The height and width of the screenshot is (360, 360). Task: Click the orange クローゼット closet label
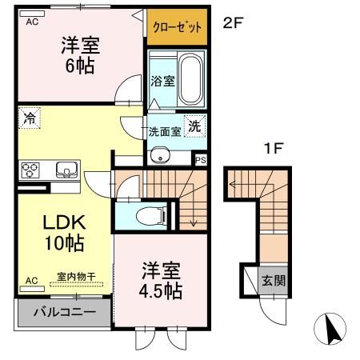click(177, 26)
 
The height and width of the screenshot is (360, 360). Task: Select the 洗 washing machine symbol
click(194, 125)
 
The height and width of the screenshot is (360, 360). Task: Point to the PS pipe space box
click(200, 159)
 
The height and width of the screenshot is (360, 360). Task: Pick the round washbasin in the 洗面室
click(159, 156)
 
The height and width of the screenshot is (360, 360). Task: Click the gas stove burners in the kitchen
click(32, 169)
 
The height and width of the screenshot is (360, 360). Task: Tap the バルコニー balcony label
click(63, 313)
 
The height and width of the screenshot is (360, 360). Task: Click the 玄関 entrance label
click(272, 282)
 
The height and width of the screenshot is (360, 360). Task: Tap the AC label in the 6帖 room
click(32, 22)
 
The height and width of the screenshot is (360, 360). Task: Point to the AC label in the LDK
click(32, 281)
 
